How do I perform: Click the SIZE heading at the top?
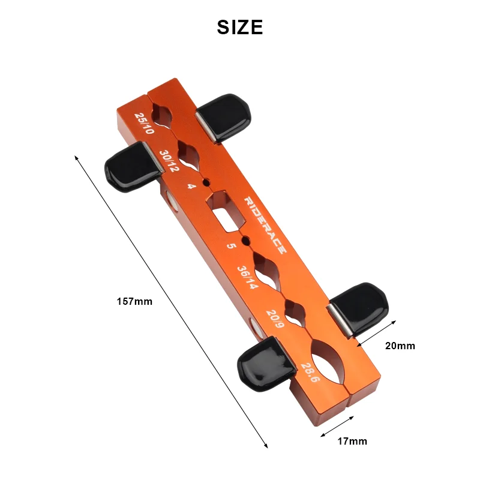pyautogui.click(x=240, y=27)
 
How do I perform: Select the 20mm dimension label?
pyautogui.click(x=400, y=346)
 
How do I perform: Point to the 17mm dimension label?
pyautogui.click(x=352, y=441)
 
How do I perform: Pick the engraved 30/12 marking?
pyautogui.click(x=169, y=161)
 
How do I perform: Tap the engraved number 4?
pyautogui.click(x=191, y=187)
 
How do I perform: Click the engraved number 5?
pyautogui.click(x=231, y=246)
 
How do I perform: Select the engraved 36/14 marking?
pyautogui.click(x=247, y=277)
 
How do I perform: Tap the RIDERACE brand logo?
pyautogui.click(x=266, y=226)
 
